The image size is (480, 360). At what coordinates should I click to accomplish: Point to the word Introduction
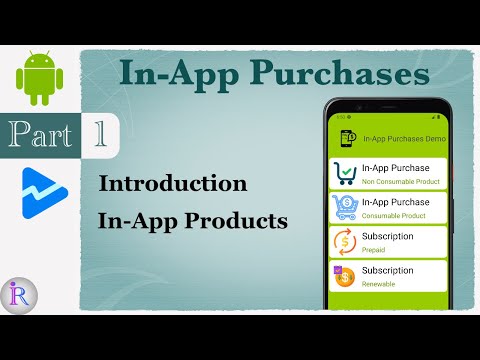(x=173, y=184)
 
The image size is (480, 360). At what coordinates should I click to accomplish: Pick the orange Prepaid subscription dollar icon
(x=344, y=242)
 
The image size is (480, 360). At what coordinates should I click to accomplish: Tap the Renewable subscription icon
(x=344, y=275)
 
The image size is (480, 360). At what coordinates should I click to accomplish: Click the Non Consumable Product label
(x=399, y=182)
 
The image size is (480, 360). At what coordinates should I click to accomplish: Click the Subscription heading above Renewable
(x=389, y=269)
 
